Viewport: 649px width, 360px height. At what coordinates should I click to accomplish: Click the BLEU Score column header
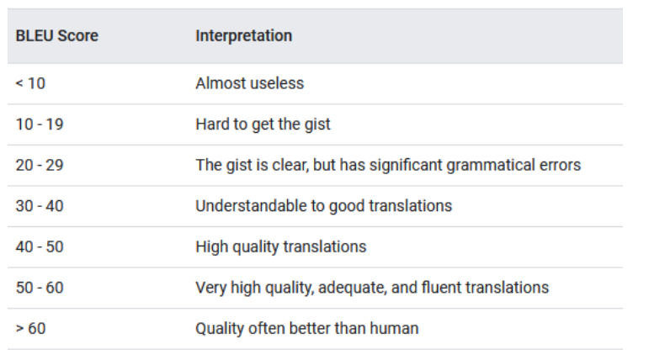click(56, 36)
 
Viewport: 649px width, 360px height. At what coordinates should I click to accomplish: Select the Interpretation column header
click(243, 36)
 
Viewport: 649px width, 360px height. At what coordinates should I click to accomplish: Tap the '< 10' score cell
click(30, 83)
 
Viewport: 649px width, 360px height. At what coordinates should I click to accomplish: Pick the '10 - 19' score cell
click(39, 124)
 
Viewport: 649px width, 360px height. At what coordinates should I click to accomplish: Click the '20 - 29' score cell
click(39, 165)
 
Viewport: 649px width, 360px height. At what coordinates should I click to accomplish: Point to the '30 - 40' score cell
click(39, 206)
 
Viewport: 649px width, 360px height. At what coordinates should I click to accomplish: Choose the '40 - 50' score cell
click(39, 246)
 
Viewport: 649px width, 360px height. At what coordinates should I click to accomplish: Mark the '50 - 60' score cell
click(39, 288)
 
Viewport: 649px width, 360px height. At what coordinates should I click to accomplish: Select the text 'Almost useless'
click(249, 83)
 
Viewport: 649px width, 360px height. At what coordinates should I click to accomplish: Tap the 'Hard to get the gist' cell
click(263, 124)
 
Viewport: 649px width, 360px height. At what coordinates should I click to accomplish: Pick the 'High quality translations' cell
click(280, 246)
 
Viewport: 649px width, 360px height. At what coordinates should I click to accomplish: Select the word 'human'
click(395, 328)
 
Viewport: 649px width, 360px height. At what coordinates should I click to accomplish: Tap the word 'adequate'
click(359, 288)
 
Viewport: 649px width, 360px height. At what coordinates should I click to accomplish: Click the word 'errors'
click(559, 165)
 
